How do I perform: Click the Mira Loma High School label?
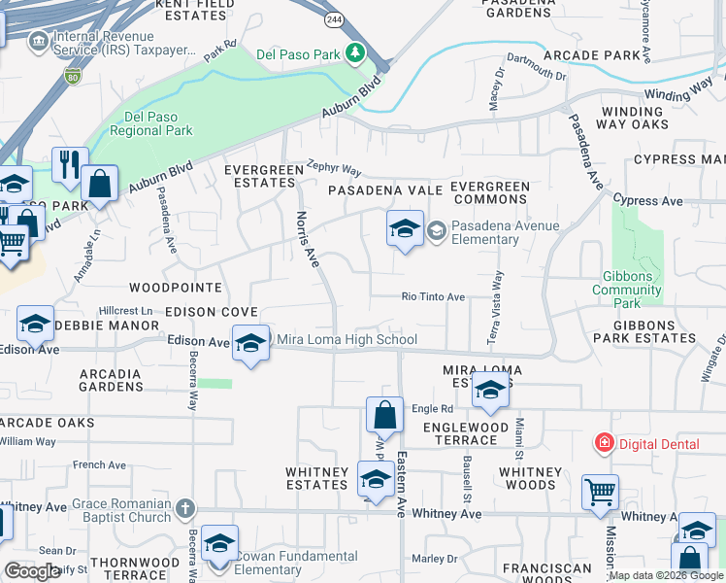point(347,339)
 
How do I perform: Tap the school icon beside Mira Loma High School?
point(250,342)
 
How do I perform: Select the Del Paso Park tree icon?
point(357,51)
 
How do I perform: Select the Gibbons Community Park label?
point(627,283)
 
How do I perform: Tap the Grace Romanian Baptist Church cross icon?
point(185,507)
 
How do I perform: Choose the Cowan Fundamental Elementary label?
point(297,565)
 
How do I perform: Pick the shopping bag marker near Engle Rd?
point(385,415)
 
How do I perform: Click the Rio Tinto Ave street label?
point(434,297)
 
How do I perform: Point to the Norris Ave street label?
point(307,239)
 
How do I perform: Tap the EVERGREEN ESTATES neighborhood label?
point(264,176)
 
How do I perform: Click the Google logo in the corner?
point(32,571)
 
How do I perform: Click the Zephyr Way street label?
point(333,167)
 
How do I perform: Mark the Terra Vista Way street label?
point(498,307)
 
